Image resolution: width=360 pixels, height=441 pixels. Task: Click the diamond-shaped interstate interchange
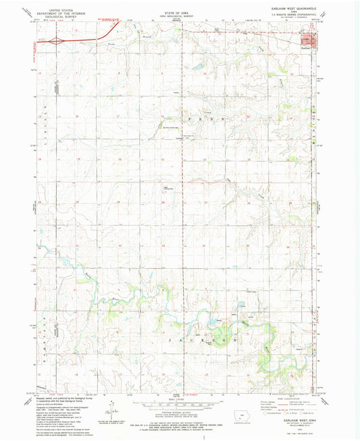point(60,41)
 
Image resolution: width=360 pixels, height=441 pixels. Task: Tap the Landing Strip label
point(163,188)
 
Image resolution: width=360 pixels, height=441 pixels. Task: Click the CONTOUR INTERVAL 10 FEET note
point(180,405)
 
